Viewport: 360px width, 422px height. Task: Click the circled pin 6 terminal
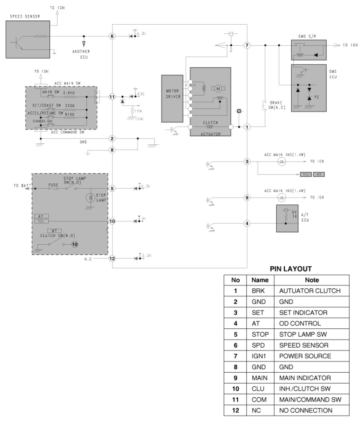[x=111, y=36]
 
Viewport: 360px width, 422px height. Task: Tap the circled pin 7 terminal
[x=247, y=45]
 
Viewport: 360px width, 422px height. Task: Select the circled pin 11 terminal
[x=112, y=97]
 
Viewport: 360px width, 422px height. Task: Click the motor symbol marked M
[x=218, y=89]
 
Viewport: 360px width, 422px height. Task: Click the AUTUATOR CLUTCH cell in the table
[x=310, y=291]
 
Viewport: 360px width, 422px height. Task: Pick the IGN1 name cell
[x=259, y=356]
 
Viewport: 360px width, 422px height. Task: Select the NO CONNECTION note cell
[x=305, y=410]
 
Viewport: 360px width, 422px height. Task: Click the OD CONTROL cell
[x=300, y=323]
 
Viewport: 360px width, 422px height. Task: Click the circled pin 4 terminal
[x=247, y=224]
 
